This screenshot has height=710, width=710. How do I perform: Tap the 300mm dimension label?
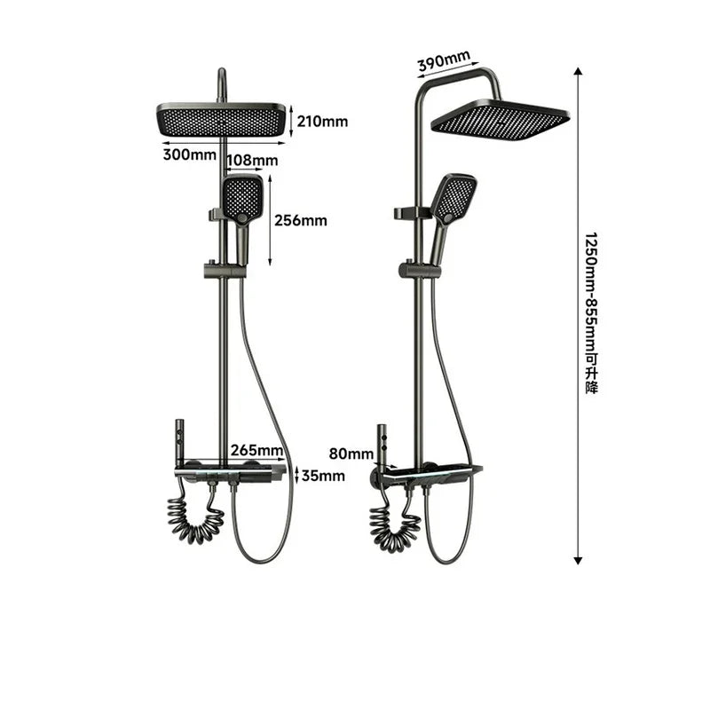189,154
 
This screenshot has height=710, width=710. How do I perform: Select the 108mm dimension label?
253,161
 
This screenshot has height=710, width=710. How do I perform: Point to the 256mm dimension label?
300,220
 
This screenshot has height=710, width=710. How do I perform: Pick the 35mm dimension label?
322,476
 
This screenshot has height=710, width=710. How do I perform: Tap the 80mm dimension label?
351,454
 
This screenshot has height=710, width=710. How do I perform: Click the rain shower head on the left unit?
222,119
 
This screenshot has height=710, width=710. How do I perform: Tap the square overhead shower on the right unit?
500,117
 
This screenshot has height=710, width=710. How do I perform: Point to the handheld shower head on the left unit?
242,199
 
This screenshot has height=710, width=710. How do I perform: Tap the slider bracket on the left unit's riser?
217,268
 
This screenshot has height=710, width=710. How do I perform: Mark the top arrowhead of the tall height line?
578,71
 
